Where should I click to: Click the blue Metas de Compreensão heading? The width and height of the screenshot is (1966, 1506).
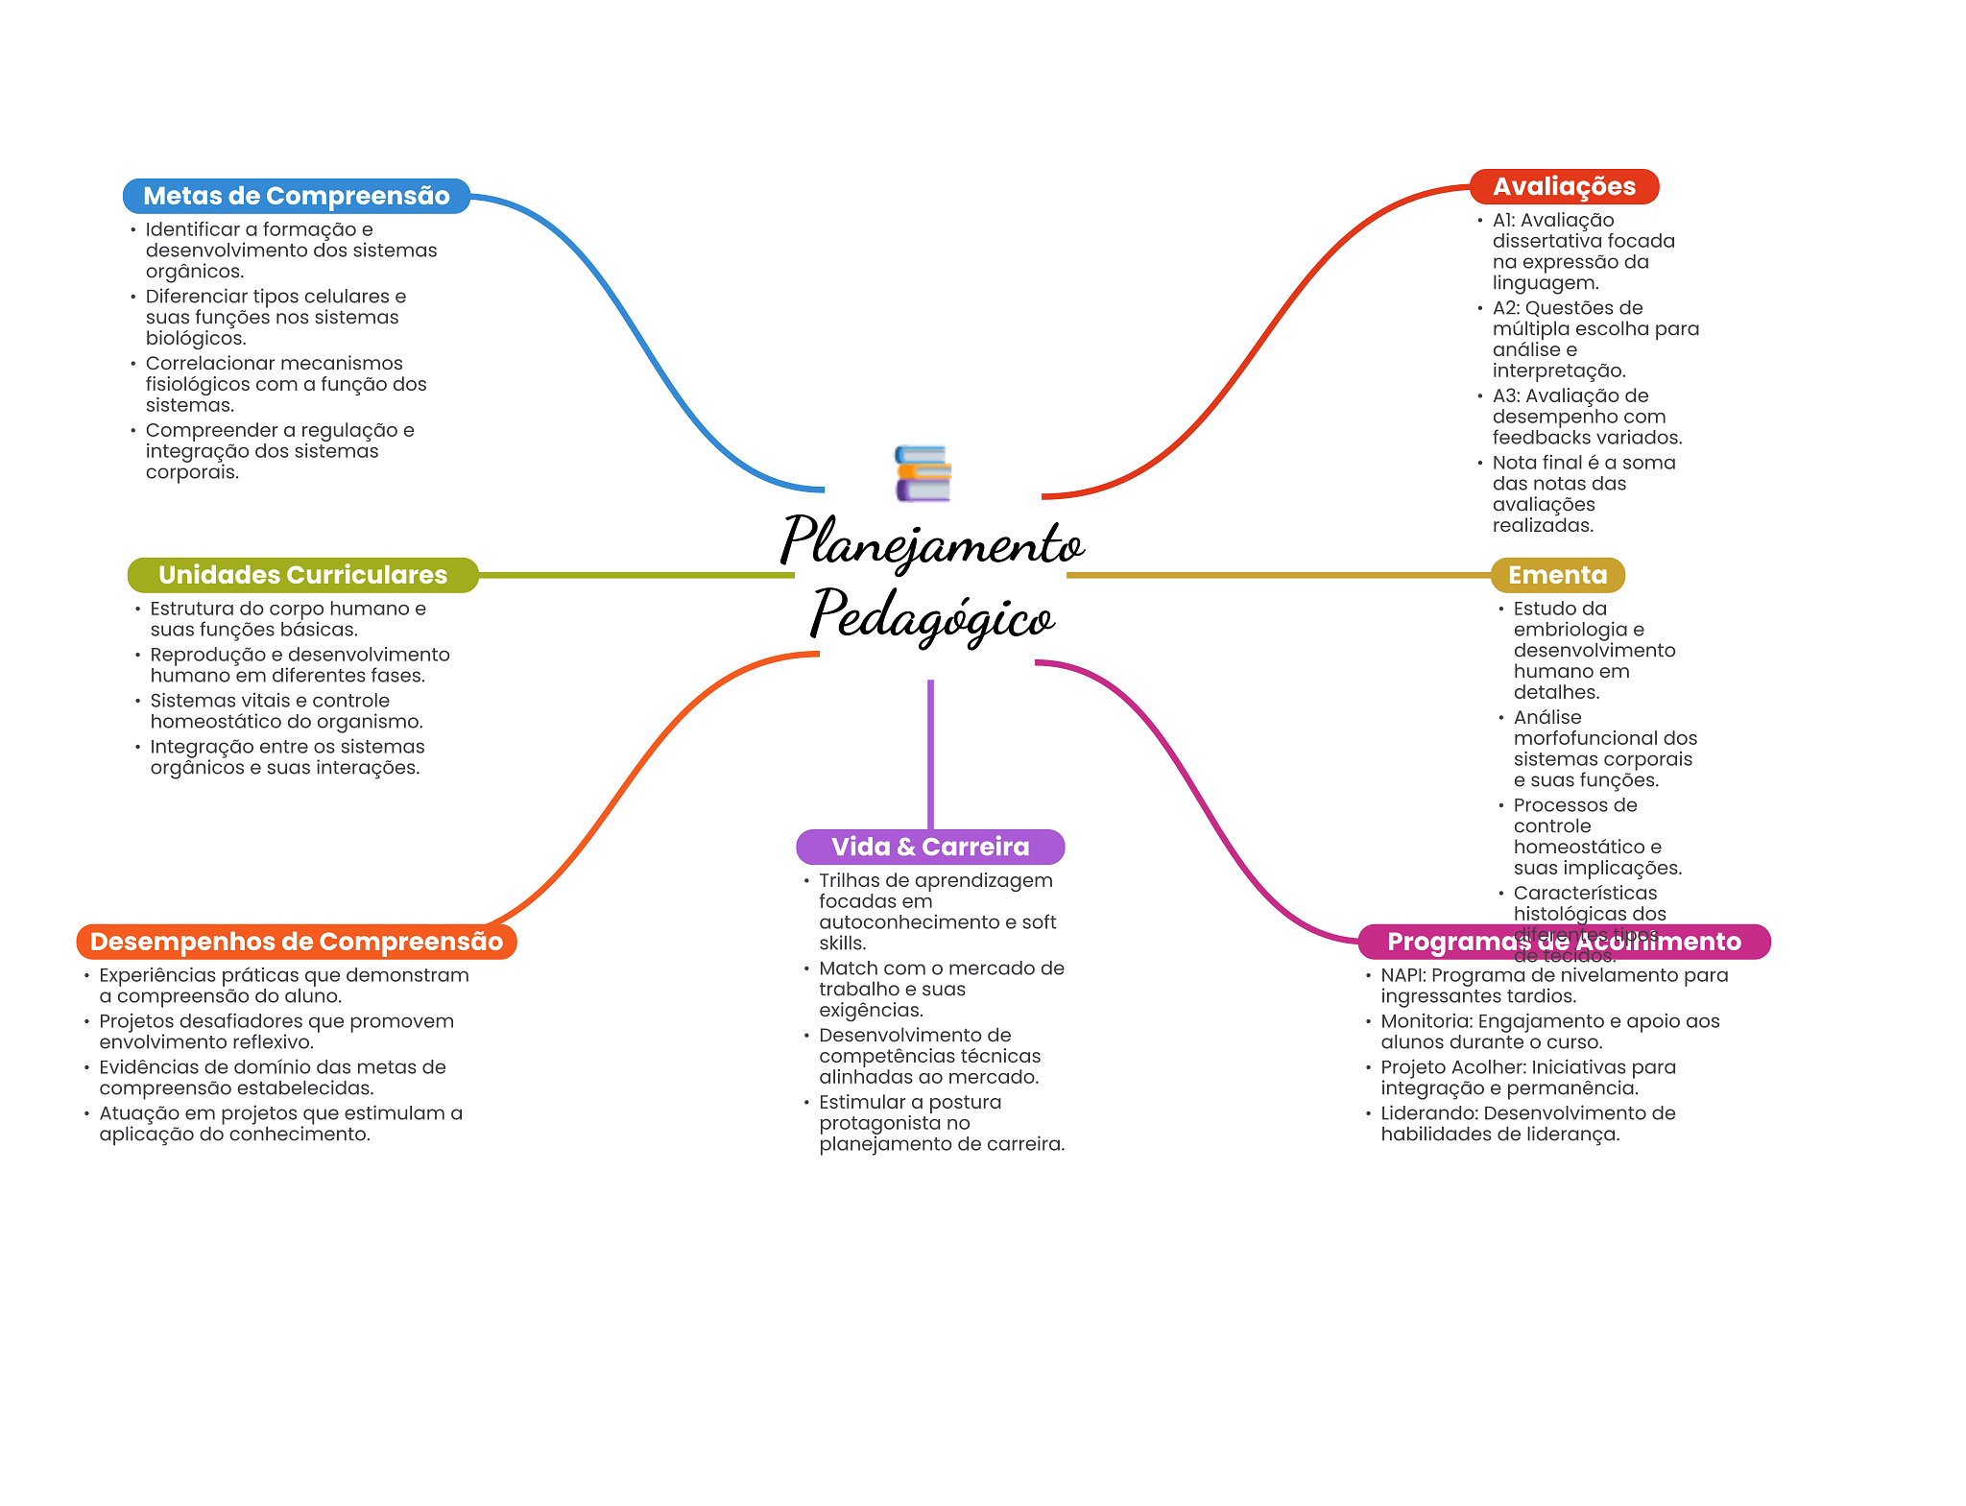296,196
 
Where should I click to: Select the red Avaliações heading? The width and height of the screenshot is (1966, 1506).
1563,186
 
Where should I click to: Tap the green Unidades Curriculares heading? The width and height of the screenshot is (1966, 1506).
302,575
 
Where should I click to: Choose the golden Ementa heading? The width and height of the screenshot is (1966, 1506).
1557,575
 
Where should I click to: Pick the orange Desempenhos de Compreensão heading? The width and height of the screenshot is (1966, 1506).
296,942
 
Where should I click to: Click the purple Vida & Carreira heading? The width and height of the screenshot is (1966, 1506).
929,847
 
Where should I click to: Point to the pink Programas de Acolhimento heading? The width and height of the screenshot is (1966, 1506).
1563,942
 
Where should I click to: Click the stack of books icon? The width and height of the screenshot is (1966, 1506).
923,473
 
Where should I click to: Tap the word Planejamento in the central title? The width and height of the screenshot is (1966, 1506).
931,543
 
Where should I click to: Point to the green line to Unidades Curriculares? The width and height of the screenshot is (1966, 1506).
634,575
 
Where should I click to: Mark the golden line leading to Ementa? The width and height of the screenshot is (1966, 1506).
1277,575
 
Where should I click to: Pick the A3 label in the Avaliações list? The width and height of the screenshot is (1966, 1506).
1505,395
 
